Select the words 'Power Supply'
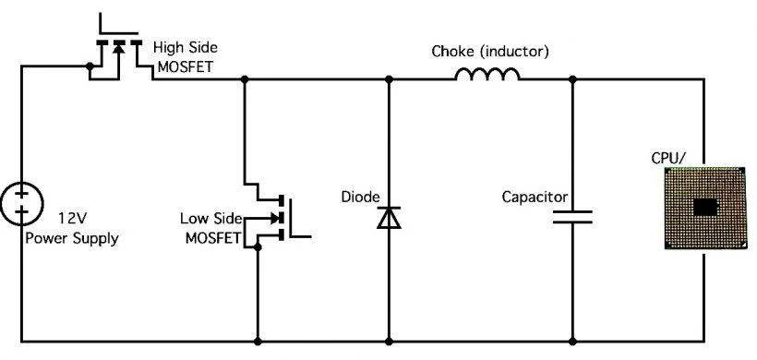(x=72, y=238)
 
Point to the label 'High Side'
(x=186, y=46)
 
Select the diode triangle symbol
(x=389, y=218)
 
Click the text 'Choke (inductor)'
(x=490, y=52)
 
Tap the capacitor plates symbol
(x=572, y=219)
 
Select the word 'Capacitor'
(x=534, y=198)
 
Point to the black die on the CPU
(x=705, y=208)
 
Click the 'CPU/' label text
(x=669, y=158)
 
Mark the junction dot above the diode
(x=389, y=80)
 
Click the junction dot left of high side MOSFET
(x=89, y=66)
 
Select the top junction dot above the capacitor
(x=572, y=80)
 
